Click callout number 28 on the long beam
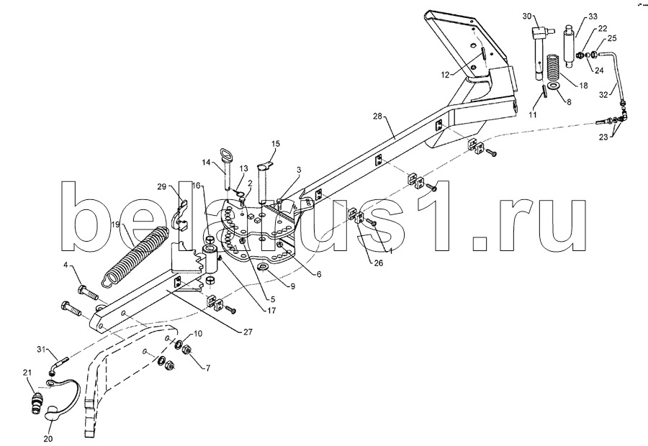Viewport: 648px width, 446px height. [x=378, y=117]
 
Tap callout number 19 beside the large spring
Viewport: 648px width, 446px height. [x=115, y=225]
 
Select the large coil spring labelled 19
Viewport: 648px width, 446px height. [x=135, y=257]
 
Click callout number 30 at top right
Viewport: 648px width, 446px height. [x=527, y=16]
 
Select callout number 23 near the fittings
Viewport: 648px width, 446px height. [x=603, y=137]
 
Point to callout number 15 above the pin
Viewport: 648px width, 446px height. [x=276, y=144]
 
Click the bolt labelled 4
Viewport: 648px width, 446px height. [x=88, y=292]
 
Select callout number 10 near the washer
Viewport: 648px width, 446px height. [x=198, y=334]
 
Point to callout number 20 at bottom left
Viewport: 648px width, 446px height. [x=48, y=439]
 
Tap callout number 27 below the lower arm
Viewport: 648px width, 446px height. [x=247, y=331]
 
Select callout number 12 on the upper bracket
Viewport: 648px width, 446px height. [x=445, y=75]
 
